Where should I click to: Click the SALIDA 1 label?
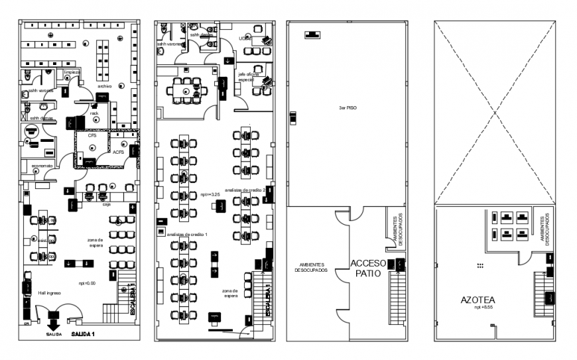pos(83,333)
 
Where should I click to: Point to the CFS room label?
pos(92,136)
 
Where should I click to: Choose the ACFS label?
pos(119,152)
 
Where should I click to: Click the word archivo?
pos(104,86)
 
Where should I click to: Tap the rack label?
pos(95,113)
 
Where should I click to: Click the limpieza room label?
pos(72,72)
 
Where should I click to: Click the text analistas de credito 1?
pos(188,235)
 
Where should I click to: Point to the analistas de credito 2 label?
pos(245,190)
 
